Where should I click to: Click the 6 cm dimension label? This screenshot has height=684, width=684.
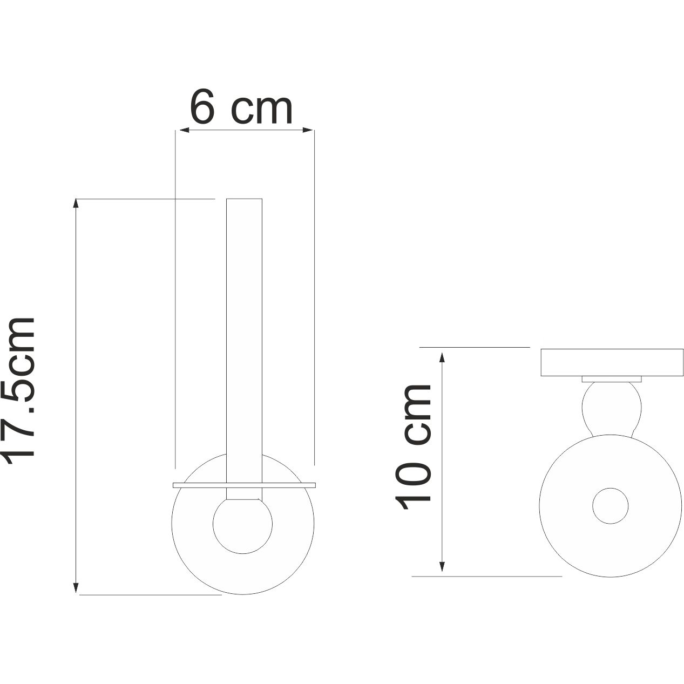[241, 109]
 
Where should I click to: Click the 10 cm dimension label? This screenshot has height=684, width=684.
[414, 448]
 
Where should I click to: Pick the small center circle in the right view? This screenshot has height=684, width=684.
[611, 506]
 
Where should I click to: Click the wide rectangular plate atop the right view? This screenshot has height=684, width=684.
[612, 362]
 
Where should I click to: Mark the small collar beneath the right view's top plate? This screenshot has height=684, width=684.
[612, 379]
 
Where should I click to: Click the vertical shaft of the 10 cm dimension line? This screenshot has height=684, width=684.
[442, 462]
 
